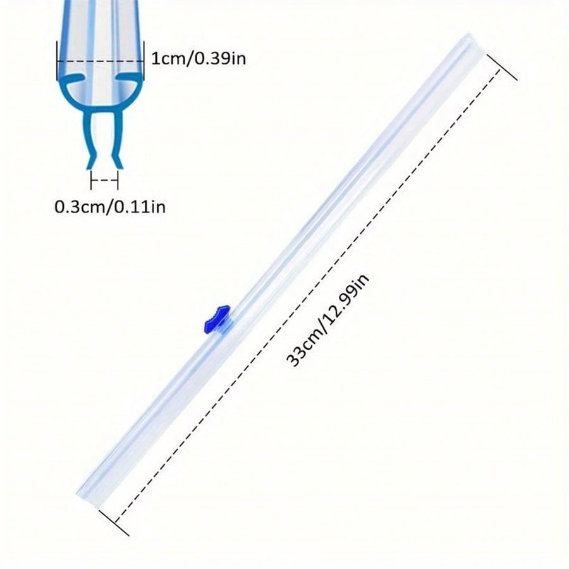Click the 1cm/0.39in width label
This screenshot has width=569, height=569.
point(199,59)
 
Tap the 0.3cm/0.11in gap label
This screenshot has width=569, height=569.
point(109,206)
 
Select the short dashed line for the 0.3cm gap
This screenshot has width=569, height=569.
point(104,180)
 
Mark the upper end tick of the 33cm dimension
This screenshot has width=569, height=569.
point(502,66)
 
